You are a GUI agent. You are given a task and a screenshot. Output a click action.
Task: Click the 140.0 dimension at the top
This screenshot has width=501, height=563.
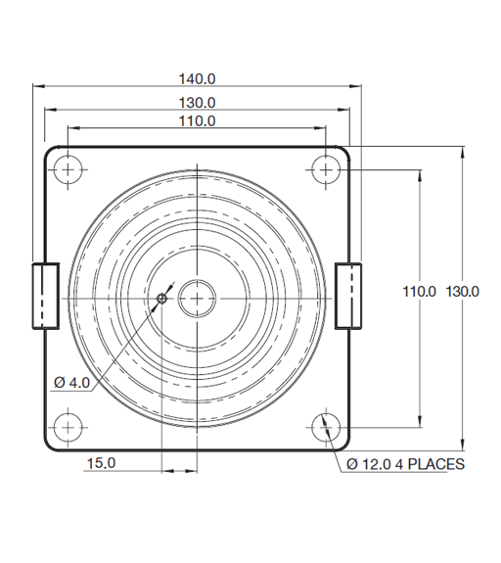pos(197,78)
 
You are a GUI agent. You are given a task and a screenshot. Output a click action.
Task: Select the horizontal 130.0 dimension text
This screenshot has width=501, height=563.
pos(197,102)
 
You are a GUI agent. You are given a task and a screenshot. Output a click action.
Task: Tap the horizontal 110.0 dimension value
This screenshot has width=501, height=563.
pos(197,120)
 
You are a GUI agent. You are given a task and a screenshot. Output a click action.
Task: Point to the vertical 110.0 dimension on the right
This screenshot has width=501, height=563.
pos(420,291)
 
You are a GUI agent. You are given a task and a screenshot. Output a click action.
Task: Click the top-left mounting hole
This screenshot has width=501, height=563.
pos(67,168)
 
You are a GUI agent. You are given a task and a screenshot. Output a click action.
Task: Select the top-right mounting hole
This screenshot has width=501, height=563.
pos(326,168)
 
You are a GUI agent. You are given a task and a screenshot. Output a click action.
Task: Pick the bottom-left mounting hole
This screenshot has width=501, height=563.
pos(67,427)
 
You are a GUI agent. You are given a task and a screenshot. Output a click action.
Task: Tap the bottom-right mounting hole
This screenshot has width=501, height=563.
pos(326,427)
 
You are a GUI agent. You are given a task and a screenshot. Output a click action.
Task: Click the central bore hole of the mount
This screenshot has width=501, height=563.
pos(197,297)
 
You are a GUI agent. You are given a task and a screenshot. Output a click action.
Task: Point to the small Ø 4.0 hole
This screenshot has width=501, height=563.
pos(162,298)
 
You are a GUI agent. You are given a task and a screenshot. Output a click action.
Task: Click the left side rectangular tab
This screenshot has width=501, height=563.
pos(45,295)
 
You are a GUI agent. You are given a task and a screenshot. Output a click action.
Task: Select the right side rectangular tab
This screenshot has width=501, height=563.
pos(347,295)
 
